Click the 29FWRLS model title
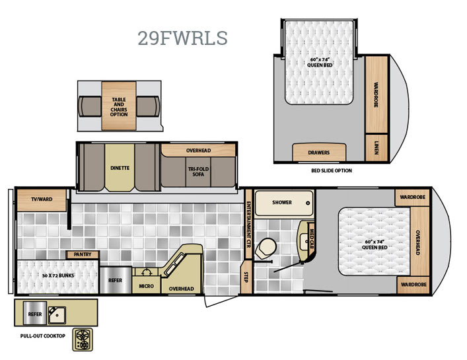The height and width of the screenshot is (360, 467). click(182, 38)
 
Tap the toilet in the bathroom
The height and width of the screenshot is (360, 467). click(266, 248)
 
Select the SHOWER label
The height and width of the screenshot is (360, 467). click(282, 203)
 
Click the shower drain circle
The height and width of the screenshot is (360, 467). click(308, 203)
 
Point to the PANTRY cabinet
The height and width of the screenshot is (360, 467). click(83, 254)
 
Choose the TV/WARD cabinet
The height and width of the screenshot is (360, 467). click(42, 200)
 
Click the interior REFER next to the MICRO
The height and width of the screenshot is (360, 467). click(116, 280)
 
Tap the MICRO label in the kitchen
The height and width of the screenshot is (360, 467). click(146, 286)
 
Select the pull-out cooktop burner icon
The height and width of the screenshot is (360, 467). click(83, 340)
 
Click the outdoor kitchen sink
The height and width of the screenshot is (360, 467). click(57, 315)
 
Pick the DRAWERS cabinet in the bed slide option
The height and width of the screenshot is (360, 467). click(319, 153)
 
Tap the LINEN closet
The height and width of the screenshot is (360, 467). click(377, 148)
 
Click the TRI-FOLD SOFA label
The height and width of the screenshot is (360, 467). click(198, 172)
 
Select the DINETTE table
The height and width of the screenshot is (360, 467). click(120, 168)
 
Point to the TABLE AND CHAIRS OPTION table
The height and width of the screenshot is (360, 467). click(119, 106)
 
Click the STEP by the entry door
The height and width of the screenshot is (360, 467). click(246, 277)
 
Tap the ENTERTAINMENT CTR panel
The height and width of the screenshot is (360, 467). click(248, 224)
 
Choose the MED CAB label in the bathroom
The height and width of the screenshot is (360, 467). click(312, 239)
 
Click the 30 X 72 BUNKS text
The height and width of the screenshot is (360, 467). click(58, 275)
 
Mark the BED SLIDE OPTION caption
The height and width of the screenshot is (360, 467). click(332, 170)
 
